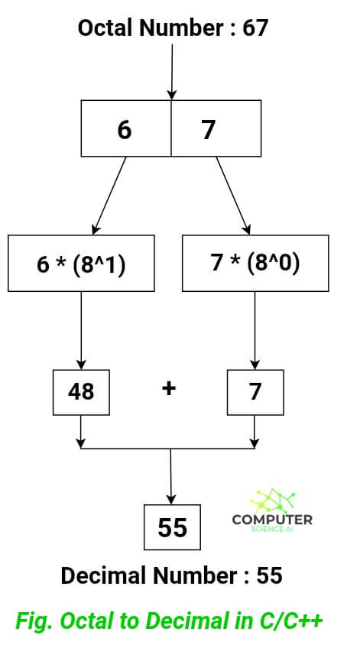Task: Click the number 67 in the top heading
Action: point(256,29)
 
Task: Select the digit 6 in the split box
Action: point(124,130)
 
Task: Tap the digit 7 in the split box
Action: point(209,130)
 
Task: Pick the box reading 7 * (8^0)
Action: point(255,263)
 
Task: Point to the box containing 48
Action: point(81,391)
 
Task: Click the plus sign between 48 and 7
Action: point(169,388)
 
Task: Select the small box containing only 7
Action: point(255,391)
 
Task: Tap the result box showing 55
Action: point(172,526)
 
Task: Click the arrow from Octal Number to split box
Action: point(172,73)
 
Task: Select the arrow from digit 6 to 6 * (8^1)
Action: point(109,195)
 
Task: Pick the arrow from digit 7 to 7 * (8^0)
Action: point(232,195)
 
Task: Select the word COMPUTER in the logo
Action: point(271,520)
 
